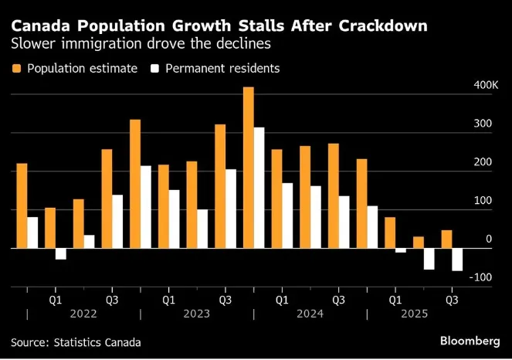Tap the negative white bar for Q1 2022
(x=60, y=254)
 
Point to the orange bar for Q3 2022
(x=107, y=199)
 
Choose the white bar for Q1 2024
(x=287, y=216)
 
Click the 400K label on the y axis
(x=486, y=84)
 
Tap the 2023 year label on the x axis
(x=196, y=314)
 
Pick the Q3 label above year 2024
(x=338, y=298)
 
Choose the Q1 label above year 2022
(x=56, y=298)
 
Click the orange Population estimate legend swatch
(x=16, y=69)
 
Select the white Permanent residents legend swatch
(x=154, y=69)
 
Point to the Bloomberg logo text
(x=470, y=341)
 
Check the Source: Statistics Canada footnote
(x=76, y=341)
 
